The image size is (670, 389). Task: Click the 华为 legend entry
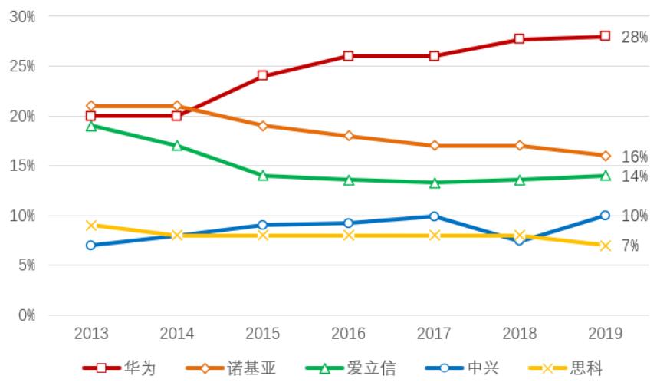click(x=120, y=368)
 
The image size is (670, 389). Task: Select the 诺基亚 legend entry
click(x=231, y=368)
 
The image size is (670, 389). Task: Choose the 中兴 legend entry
click(x=462, y=368)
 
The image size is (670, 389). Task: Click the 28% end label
click(x=634, y=37)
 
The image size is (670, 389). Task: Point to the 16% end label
click(x=634, y=157)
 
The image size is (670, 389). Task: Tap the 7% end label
click(x=630, y=246)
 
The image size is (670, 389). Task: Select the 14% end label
click(x=634, y=176)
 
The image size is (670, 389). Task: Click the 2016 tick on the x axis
click(x=348, y=334)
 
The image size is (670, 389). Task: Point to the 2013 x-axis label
click(x=90, y=334)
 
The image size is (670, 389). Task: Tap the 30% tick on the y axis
click(x=22, y=16)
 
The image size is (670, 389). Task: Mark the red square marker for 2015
click(x=262, y=76)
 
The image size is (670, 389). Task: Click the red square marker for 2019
click(x=605, y=36)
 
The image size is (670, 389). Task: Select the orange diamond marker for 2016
click(x=348, y=136)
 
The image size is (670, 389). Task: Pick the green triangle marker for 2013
click(x=90, y=126)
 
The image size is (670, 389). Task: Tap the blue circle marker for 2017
click(x=434, y=216)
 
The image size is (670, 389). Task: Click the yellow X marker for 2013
click(x=90, y=226)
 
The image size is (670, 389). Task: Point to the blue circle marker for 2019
click(x=605, y=216)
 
